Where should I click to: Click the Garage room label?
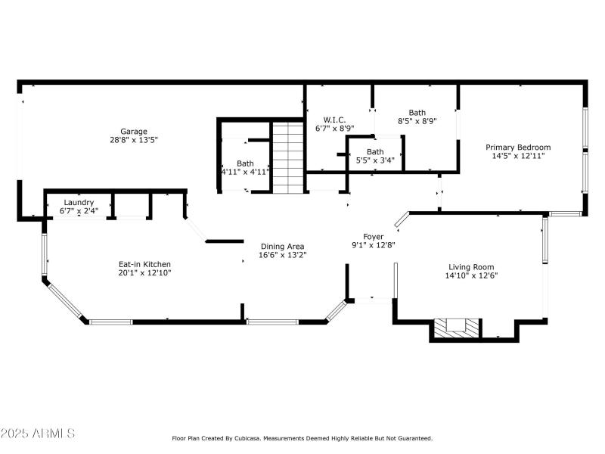coord(134,131)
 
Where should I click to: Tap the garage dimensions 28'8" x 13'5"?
coord(134,140)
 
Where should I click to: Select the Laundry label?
coord(79,202)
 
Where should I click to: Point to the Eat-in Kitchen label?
coord(144,264)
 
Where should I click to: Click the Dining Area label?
coord(283,246)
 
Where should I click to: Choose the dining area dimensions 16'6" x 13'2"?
coord(283,255)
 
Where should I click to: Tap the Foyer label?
coord(374,236)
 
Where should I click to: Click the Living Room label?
coord(471,266)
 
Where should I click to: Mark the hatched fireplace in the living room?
coord(456,327)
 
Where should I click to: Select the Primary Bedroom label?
coord(518,147)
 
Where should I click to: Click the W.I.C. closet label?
coord(334,120)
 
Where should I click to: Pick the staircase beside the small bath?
coord(287,158)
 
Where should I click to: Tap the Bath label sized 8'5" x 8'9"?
coord(417,112)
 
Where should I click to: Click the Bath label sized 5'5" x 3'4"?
coord(375,151)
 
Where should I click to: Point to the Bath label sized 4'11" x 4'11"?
coord(245,163)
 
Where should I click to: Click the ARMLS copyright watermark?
coord(38,434)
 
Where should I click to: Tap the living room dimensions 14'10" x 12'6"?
coord(471,275)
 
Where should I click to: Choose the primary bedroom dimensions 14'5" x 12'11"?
coord(518,156)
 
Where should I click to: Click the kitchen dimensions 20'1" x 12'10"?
coord(144,273)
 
